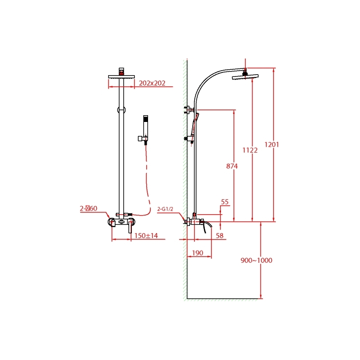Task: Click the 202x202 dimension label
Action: point(152,83)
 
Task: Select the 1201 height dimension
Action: point(272,144)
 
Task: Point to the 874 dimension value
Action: point(232,166)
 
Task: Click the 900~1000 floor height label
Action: point(256,261)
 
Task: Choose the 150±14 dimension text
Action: point(146,235)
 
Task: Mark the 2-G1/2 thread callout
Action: point(166,209)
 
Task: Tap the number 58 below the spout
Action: point(220,235)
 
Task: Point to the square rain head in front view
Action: point(121,76)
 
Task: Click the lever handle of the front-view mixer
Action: point(129,226)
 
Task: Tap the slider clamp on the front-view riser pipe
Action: point(121,110)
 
